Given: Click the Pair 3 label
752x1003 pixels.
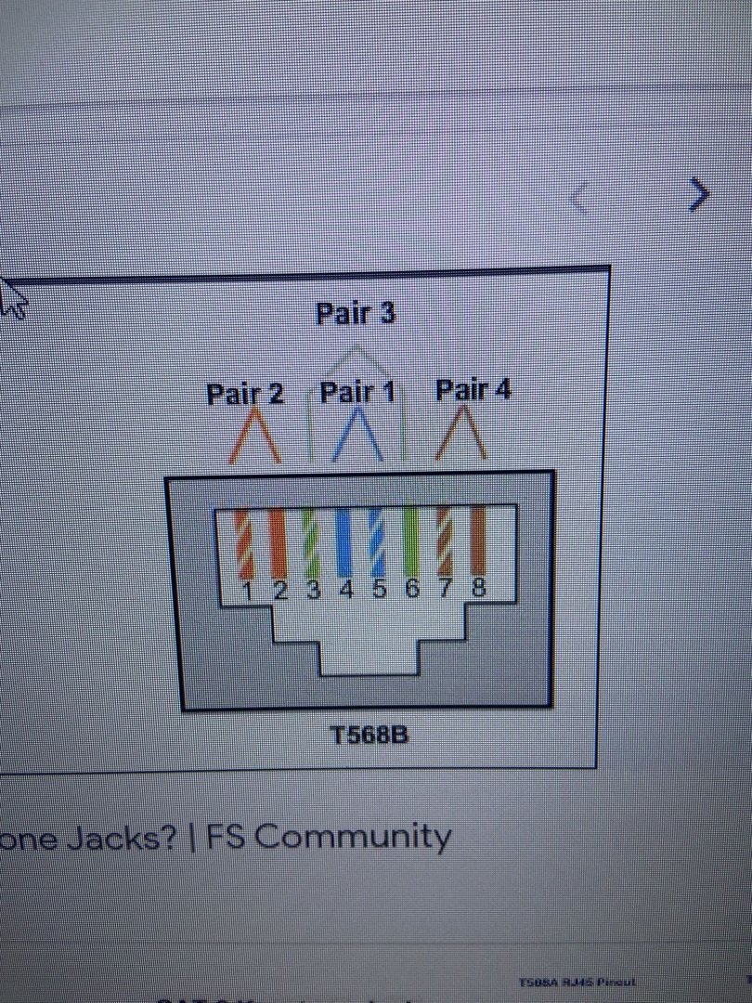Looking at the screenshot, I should [x=356, y=314].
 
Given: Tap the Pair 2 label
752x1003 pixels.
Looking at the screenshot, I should [x=244, y=395].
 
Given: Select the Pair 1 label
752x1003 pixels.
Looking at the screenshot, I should [x=357, y=393].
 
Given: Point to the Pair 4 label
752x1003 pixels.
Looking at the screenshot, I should [x=473, y=390].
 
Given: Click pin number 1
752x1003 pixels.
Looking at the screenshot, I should [x=248, y=592].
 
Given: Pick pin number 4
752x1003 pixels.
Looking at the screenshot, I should [x=346, y=591].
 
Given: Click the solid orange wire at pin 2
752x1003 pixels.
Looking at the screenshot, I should [x=279, y=543].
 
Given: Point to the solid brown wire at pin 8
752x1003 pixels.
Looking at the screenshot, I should [x=478, y=541].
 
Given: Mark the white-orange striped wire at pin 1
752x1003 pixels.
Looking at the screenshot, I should [x=245, y=545].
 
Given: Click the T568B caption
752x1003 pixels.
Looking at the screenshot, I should [x=370, y=736].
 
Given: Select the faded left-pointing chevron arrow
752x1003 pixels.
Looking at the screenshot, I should [x=579, y=198].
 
